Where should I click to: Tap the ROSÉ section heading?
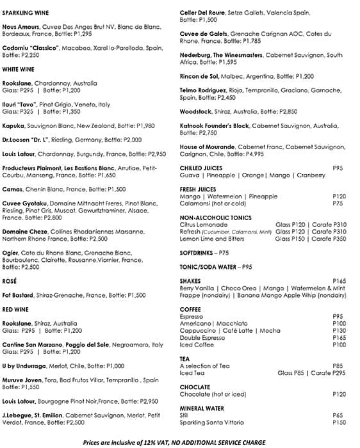[x=10, y=280]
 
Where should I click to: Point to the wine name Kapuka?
[x=13, y=126]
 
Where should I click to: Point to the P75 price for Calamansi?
[x=338, y=204]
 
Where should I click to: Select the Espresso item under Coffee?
[x=192, y=316]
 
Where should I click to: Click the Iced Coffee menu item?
[x=197, y=344]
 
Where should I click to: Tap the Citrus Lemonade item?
[x=203, y=225]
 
